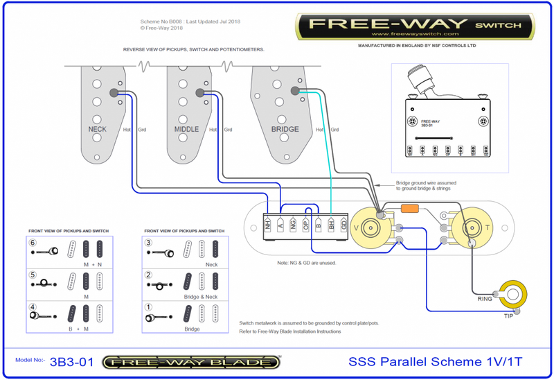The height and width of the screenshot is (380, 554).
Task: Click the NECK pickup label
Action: pyautogui.click(x=98, y=129)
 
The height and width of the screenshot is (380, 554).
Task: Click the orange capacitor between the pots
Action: pyautogui.click(x=410, y=208)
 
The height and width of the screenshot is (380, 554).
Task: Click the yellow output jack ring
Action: pyautogui.click(x=512, y=294)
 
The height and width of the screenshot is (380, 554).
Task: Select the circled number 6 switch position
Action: pyautogui.click(x=32, y=243)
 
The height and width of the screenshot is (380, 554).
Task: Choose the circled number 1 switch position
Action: pyautogui.click(x=148, y=306)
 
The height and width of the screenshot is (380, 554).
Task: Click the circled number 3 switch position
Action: pyautogui.click(x=148, y=243)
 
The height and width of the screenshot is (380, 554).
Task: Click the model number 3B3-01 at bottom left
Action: pyautogui.click(x=73, y=361)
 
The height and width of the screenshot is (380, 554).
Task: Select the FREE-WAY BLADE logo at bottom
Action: pyautogui.click(x=190, y=362)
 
